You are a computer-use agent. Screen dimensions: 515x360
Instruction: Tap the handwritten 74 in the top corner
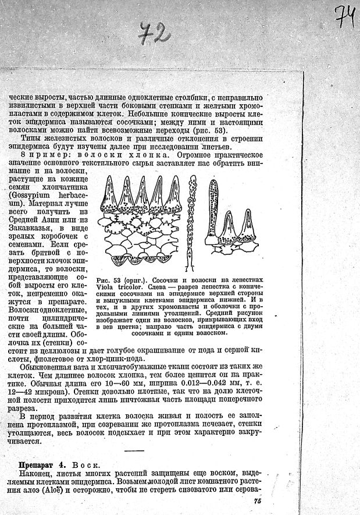point(345,16)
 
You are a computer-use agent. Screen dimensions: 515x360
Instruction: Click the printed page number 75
point(258,500)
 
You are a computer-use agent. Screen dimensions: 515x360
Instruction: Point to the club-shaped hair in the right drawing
point(214,209)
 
